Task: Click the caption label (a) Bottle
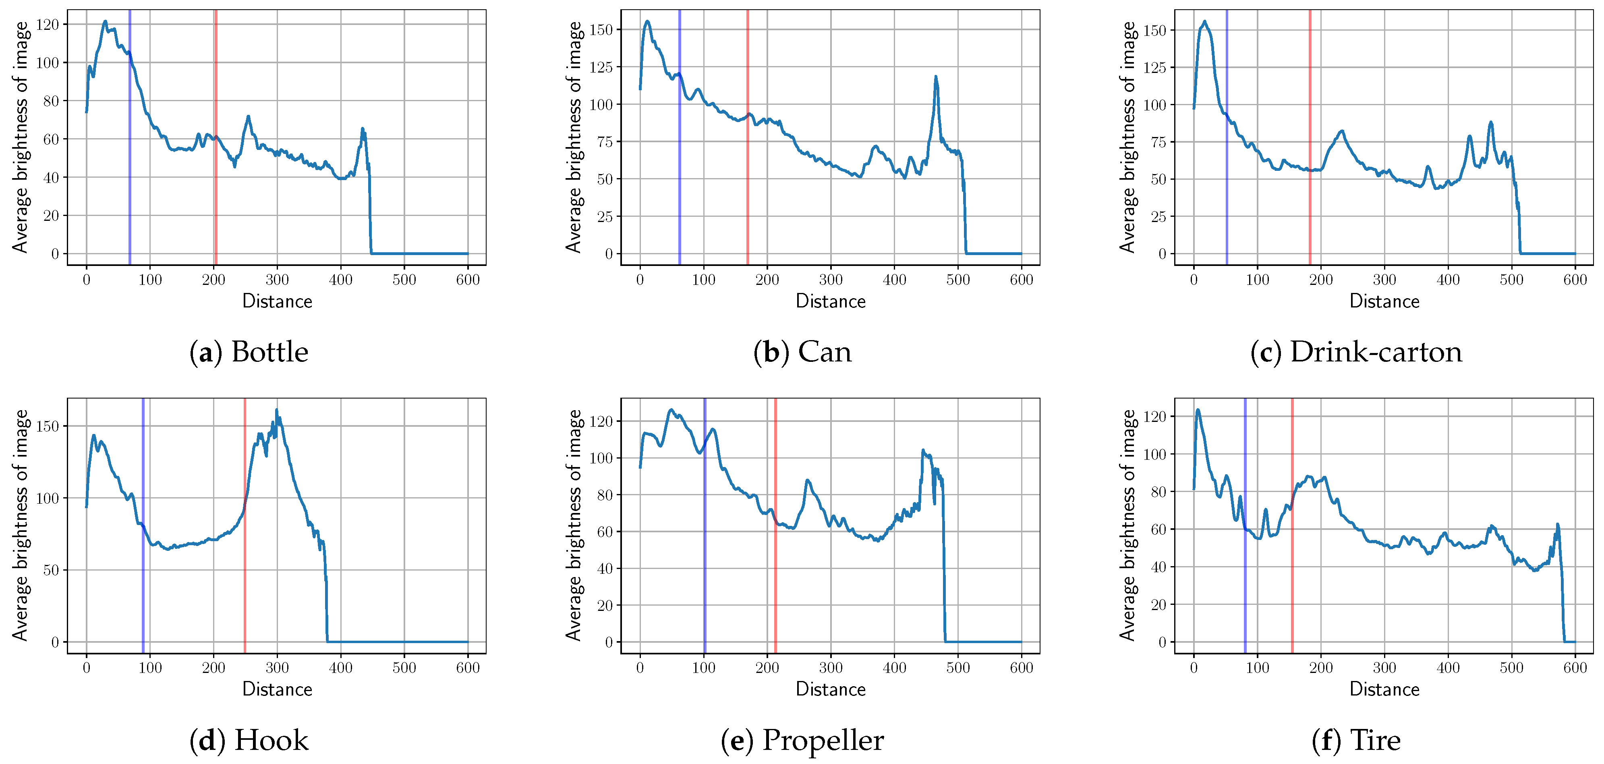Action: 249,353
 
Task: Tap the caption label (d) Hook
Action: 249,740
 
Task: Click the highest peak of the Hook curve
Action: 276,410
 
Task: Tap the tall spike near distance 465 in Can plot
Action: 935,77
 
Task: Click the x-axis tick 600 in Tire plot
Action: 1575,668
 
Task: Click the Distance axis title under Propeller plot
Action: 830,689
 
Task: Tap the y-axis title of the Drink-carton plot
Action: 1127,137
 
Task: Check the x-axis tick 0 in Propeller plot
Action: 640,668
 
